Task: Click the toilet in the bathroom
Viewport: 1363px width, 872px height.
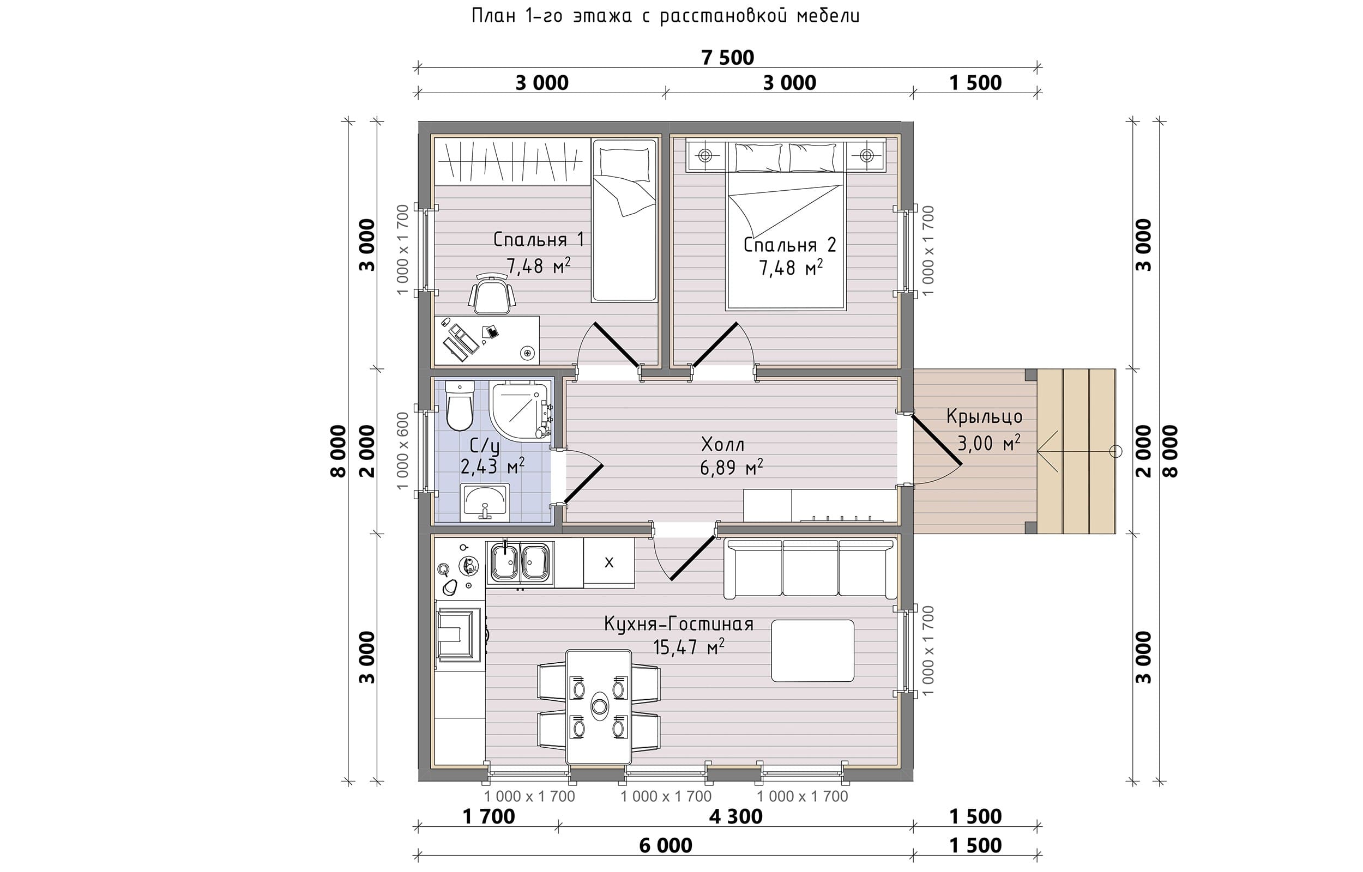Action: (459, 405)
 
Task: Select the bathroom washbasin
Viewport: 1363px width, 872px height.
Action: (485, 502)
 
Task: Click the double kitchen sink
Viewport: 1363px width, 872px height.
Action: (520, 562)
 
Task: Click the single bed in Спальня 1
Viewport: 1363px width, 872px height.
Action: (624, 221)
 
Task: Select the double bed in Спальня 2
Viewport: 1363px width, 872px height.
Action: (786, 226)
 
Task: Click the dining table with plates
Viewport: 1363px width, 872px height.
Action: (599, 706)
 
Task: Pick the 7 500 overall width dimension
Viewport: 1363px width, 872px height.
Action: (728, 58)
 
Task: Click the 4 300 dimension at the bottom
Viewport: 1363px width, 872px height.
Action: (735, 816)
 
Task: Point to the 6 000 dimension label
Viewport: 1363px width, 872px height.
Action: (665, 846)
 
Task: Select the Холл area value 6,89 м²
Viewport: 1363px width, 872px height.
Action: (731, 468)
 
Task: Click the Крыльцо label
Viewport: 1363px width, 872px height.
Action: (984, 417)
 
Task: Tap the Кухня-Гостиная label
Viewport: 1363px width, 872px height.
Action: (678, 624)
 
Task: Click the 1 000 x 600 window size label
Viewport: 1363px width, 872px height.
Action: (402, 451)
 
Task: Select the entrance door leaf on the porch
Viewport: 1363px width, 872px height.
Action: (935, 440)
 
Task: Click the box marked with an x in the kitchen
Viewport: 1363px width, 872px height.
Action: (609, 563)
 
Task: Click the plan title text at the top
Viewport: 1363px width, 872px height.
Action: (665, 15)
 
